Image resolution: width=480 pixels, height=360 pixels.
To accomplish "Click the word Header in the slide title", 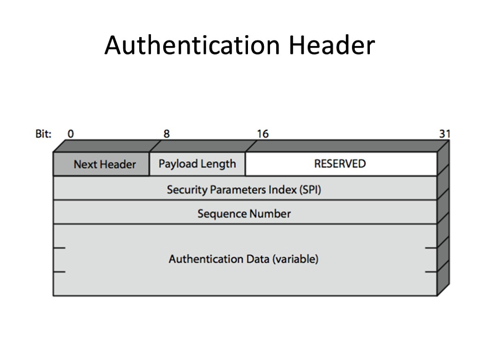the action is coord(331,46).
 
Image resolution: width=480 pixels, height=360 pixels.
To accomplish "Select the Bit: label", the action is coord(44,134).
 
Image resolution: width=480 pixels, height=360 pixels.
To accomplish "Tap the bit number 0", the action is coord(70,134).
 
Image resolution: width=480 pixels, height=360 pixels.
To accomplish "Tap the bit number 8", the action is coord(166,134).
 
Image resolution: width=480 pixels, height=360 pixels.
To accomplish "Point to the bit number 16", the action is coord(262,134).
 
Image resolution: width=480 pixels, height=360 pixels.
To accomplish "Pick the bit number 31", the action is coord(444,134).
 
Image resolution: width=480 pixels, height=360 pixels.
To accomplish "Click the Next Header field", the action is coord(105,165).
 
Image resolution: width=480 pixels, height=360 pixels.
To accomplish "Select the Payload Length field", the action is coord(197,164).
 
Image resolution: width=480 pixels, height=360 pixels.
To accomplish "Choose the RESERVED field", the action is coord(340,164).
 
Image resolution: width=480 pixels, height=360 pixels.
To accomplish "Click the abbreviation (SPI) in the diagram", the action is coord(310,190).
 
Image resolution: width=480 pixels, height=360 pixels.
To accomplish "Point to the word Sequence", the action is coord(222,214).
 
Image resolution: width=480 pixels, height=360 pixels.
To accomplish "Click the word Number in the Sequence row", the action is coord(270,214).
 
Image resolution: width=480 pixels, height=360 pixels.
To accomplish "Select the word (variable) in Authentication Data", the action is coord(295,259).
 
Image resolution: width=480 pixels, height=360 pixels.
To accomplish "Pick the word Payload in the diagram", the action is coord(176,164).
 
